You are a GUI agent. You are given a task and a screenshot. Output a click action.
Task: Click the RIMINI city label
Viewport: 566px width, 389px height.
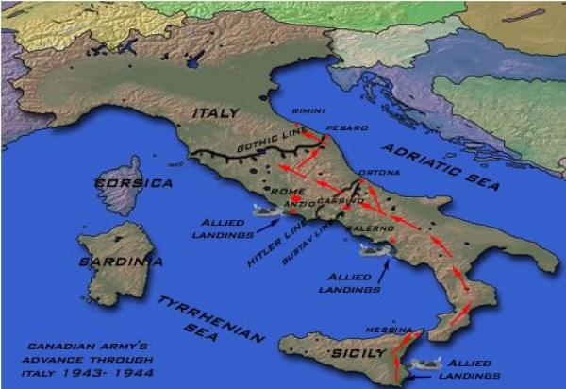tap(308, 110)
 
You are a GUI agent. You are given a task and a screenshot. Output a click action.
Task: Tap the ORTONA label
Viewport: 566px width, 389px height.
tap(381, 173)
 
